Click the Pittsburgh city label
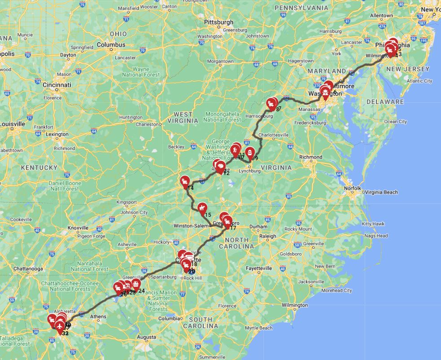pyautogui.click(x=218, y=22)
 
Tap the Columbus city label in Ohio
pyautogui.click(x=111, y=45)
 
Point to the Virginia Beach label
pyautogui.click(x=381, y=192)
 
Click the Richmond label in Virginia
pyautogui.click(x=311, y=157)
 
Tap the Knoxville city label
pyautogui.click(x=78, y=228)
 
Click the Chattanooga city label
pyautogui.click(x=28, y=269)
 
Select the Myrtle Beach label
pyautogui.click(x=259, y=328)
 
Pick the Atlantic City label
pyautogui.click(x=419, y=81)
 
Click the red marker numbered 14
pyautogui.click(x=185, y=181)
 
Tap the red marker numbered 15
pyautogui.click(x=202, y=207)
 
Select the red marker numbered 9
pyautogui.click(x=250, y=152)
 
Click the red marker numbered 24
pyautogui.click(x=136, y=284)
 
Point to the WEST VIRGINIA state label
pyautogui.click(x=183, y=117)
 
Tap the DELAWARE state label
pyautogui.click(x=385, y=101)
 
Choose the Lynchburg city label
pyautogui.click(x=250, y=171)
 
